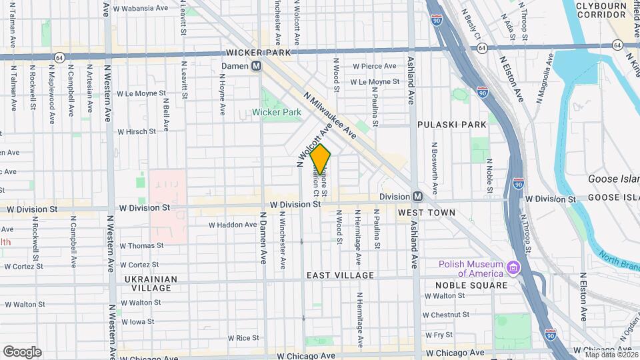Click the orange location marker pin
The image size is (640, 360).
pyautogui.click(x=321, y=159)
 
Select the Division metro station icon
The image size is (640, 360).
pyautogui.click(x=418, y=197)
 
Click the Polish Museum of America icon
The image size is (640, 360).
pyautogui.click(x=513, y=268)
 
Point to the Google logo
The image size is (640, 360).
pyautogui.click(x=22, y=351)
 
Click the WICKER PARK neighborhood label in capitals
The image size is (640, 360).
pyautogui.click(x=255, y=51)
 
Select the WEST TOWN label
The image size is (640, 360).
pyautogui.click(x=426, y=213)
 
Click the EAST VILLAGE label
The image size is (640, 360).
pyautogui.click(x=340, y=275)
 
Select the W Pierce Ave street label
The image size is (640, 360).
pyautogui.click(x=375, y=66)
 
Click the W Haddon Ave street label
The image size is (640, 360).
pyautogui.click(x=233, y=225)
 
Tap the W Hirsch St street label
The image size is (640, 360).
pyautogui.click(x=137, y=132)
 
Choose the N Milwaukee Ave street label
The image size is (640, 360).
pyautogui.click(x=329, y=115)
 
